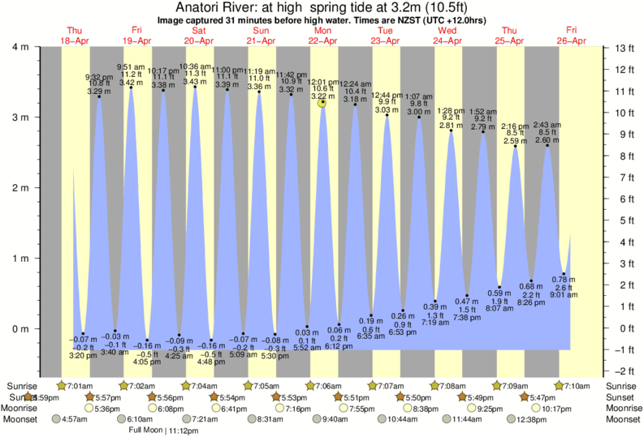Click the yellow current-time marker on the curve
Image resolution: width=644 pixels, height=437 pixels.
pyautogui.click(x=322, y=102)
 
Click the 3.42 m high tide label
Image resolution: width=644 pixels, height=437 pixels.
pyautogui.click(x=131, y=82)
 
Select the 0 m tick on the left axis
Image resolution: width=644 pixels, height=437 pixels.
pyautogui.click(x=25, y=329)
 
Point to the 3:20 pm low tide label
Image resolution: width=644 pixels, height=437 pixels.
pyautogui.click(x=84, y=355)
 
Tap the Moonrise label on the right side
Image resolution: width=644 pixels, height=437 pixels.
pyautogui.click(x=622, y=409)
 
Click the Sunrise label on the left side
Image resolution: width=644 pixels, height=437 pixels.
pyautogui.click(x=22, y=385)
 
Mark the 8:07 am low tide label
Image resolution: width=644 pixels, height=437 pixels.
pyautogui.click(x=499, y=309)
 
